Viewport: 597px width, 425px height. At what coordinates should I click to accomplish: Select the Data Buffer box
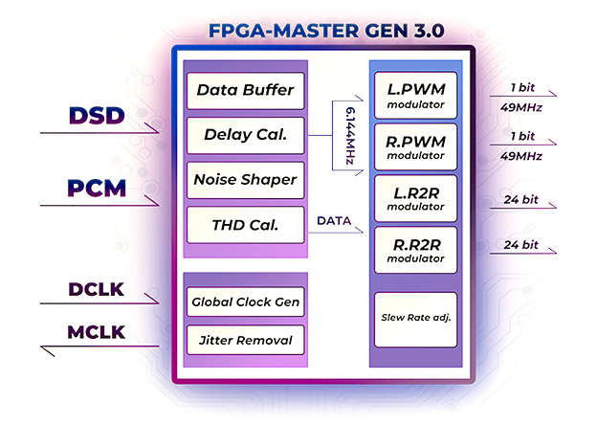tap(245, 91)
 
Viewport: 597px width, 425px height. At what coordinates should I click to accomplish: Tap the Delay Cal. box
tap(245, 135)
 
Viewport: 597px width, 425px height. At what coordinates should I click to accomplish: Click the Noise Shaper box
tap(245, 179)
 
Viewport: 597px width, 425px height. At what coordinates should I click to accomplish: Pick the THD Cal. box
tap(245, 225)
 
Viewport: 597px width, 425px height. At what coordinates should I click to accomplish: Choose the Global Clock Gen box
tap(245, 302)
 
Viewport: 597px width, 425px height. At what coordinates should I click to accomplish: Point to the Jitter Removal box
tap(245, 340)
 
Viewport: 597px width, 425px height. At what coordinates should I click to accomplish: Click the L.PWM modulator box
tap(415, 95)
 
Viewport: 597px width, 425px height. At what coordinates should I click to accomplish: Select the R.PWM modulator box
tap(415, 146)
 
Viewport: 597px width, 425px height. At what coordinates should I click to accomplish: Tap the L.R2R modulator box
tap(415, 198)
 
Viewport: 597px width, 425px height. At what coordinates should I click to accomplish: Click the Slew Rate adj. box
tap(415, 319)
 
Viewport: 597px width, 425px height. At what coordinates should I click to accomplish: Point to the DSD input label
tap(97, 117)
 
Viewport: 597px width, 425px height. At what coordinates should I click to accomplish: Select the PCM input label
tap(97, 188)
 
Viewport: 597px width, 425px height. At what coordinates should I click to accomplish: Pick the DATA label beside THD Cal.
tap(335, 221)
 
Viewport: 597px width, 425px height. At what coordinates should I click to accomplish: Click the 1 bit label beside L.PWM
tap(522, 88)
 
